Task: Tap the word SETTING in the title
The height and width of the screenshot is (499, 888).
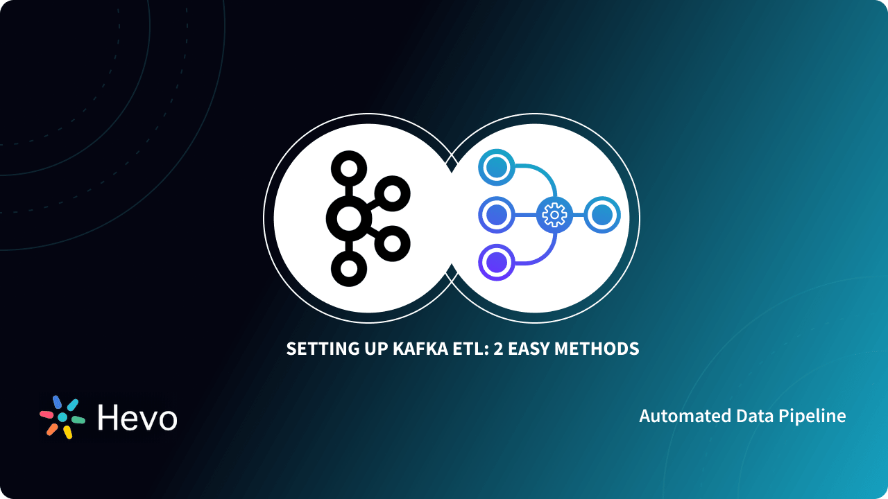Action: click(x=318, y=349)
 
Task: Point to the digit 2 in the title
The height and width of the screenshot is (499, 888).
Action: click(x=497, y=349)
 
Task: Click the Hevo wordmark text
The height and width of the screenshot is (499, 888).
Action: click(x=137, y=417)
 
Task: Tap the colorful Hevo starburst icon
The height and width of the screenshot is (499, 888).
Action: click(x=62, y=417)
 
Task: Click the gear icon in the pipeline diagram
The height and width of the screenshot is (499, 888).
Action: click(x=554, y=216)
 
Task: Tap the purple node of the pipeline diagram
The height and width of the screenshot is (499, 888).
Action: click(x=497, y=263)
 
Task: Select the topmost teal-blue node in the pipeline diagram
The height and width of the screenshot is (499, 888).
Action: click(x=497, y=168)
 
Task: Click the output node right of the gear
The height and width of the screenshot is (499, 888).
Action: click(x=601, y=216)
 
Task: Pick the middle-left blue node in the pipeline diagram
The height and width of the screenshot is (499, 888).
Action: click(x=497, y=216)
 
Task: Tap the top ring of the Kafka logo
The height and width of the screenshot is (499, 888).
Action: click(x=348, y=168)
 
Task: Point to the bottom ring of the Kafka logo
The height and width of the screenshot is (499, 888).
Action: click(x=348, y=268)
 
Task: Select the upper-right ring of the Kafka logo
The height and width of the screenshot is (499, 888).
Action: click(x=393, y=193)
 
